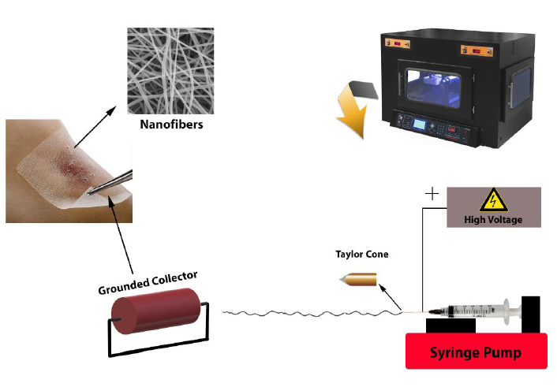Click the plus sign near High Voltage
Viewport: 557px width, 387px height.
(432, 193)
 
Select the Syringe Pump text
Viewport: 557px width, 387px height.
(476, 352)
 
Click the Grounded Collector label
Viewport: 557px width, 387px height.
(148, 281)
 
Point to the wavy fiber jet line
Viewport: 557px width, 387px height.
(308, 314)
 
